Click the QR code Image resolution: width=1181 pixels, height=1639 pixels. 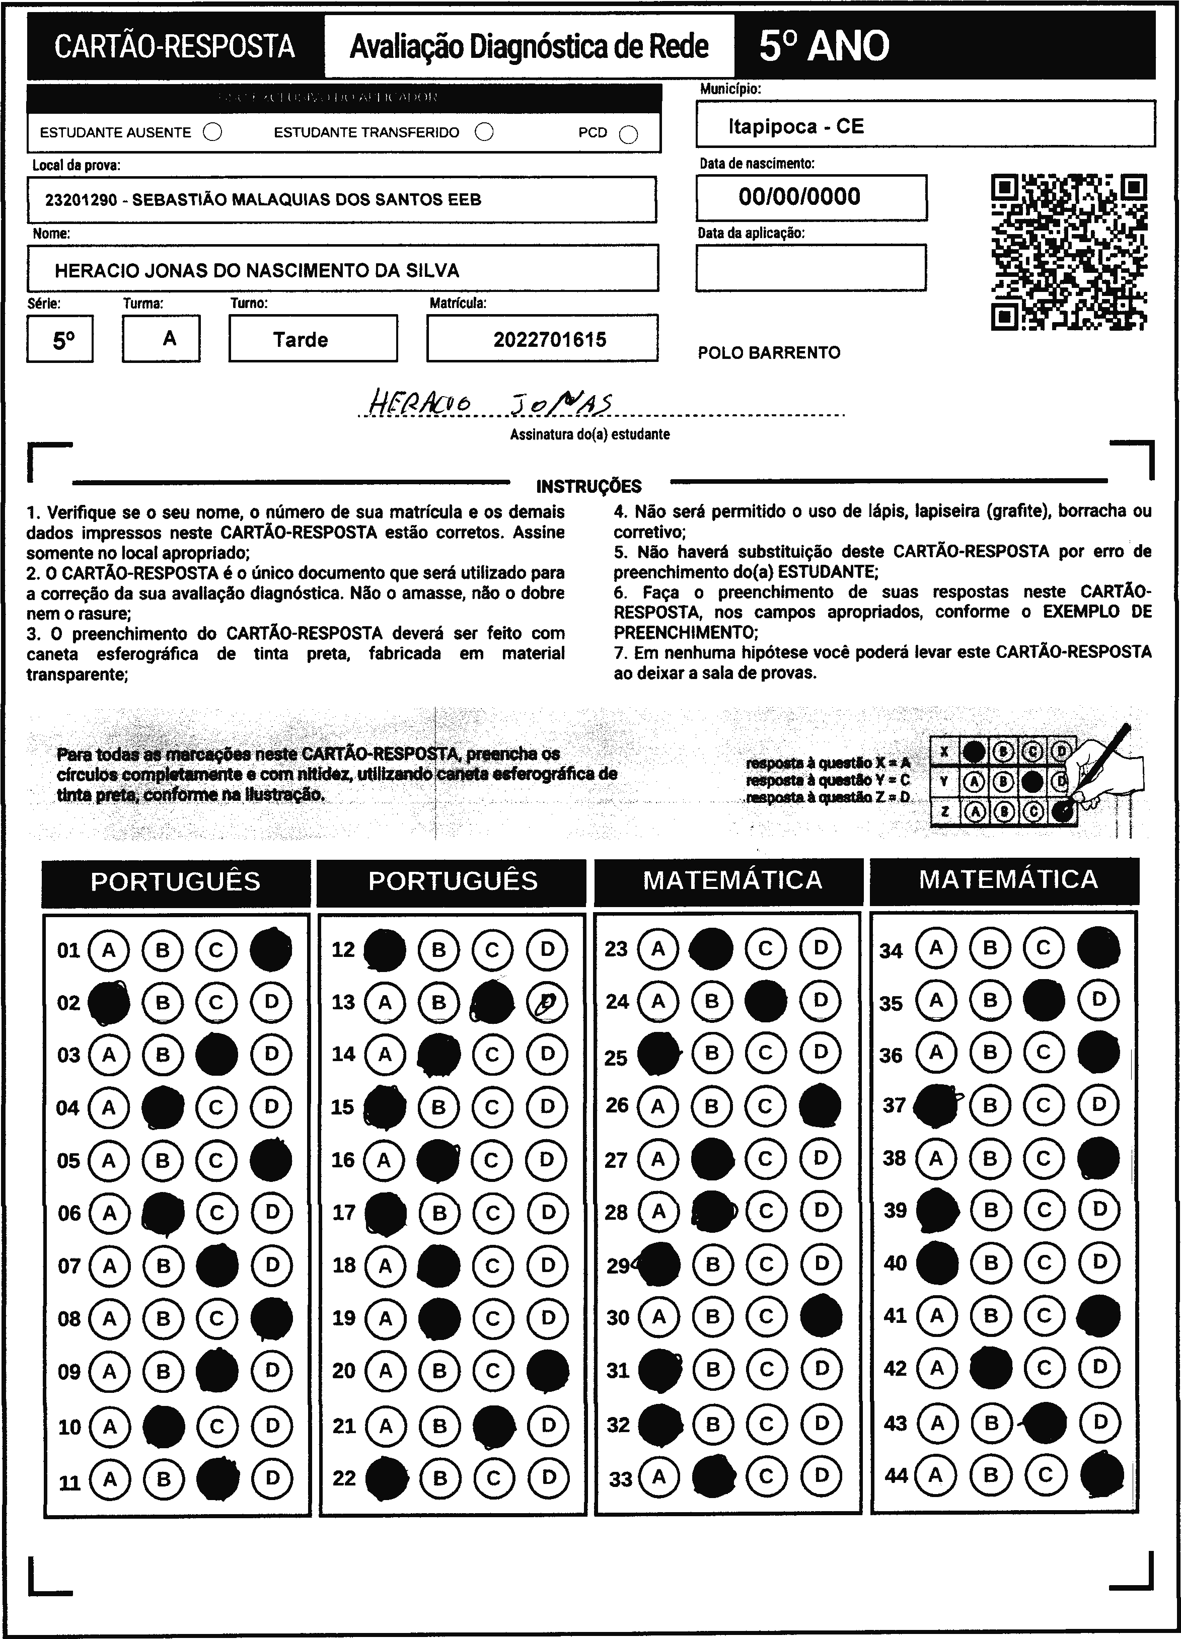(x=1068, y=252)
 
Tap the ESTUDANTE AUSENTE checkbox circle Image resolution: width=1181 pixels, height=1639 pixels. (x=212, y=132)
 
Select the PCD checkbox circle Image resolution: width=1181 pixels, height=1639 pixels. (x=629, y=134)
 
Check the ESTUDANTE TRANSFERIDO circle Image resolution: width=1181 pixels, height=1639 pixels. (x=484, y=132)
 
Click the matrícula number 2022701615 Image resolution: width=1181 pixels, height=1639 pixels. (x=549, y=340)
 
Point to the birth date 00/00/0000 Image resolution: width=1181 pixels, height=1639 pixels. (x=799, y=196)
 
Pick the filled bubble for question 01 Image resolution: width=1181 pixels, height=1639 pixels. (x=271, y=949)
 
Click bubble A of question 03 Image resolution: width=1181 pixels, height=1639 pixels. (x=109, y=1055)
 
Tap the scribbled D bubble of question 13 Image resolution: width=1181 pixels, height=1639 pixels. (x=547, y=1002)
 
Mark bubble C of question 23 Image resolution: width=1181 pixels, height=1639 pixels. (x=765, y=948)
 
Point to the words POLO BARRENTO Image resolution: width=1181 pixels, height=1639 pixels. (x=769, y=353)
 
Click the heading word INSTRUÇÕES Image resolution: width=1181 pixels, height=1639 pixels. (x=588, y=486)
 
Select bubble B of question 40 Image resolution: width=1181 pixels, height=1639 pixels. (x=991, y=1262)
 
